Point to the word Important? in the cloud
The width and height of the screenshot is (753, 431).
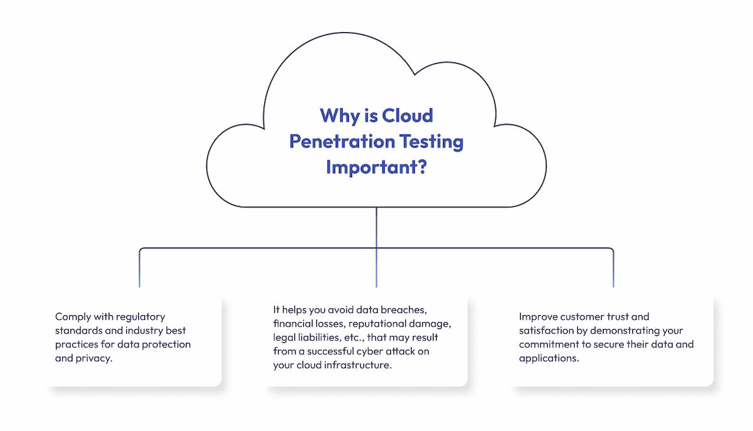[376, 168]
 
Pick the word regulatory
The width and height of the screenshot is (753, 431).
[142, 317]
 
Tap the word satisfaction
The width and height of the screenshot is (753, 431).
[547, 330]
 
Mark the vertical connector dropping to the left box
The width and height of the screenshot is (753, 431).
[139, 270]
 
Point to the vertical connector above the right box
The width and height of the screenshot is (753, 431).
[613, 270]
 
